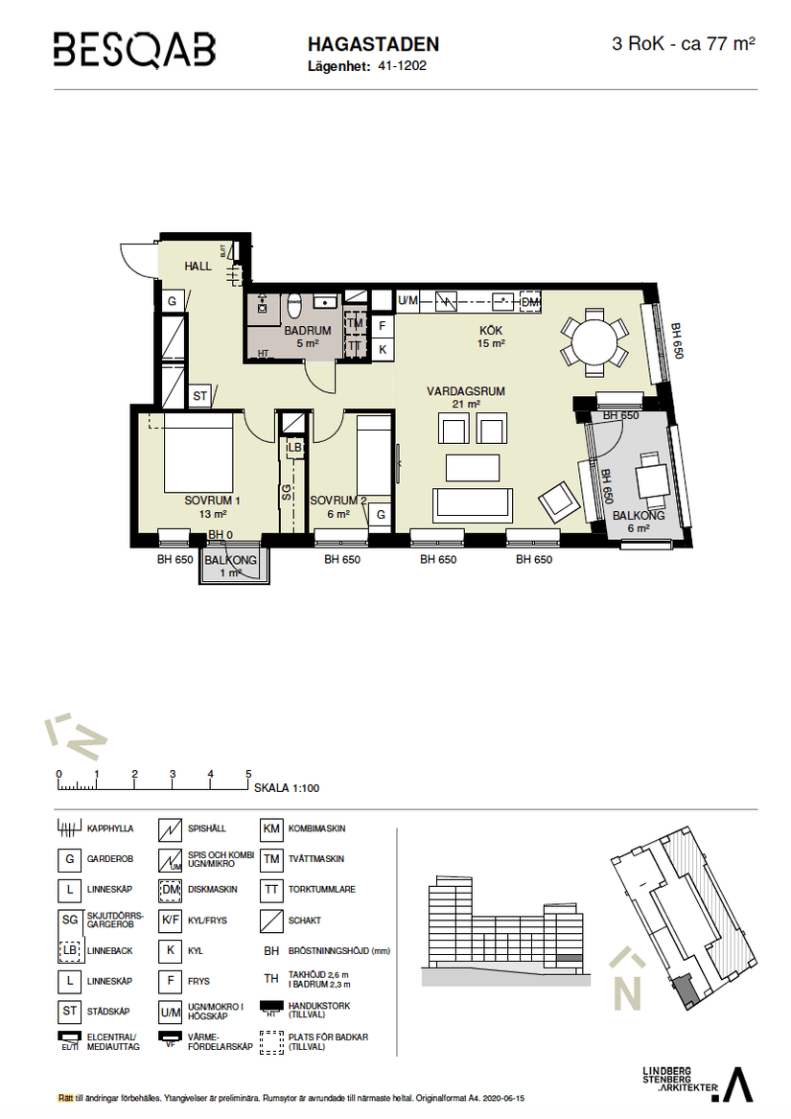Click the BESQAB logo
pos(134,49)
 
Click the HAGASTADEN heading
pos(373,44)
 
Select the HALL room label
pos(198,266)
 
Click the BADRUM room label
pos(307,331)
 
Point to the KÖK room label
pos(491,331)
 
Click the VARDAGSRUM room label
pos(465,391)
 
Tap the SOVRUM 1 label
pos(212,501)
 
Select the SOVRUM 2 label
pos(337,501)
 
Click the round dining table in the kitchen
pos(590,339)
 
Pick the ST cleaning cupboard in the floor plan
pos(200,395)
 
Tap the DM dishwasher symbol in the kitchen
pos(530,302)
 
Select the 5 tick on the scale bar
pos(248,775)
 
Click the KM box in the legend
pos(271,828)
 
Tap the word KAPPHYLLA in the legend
pos(110,828)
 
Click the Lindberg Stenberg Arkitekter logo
pos(696,1082)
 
